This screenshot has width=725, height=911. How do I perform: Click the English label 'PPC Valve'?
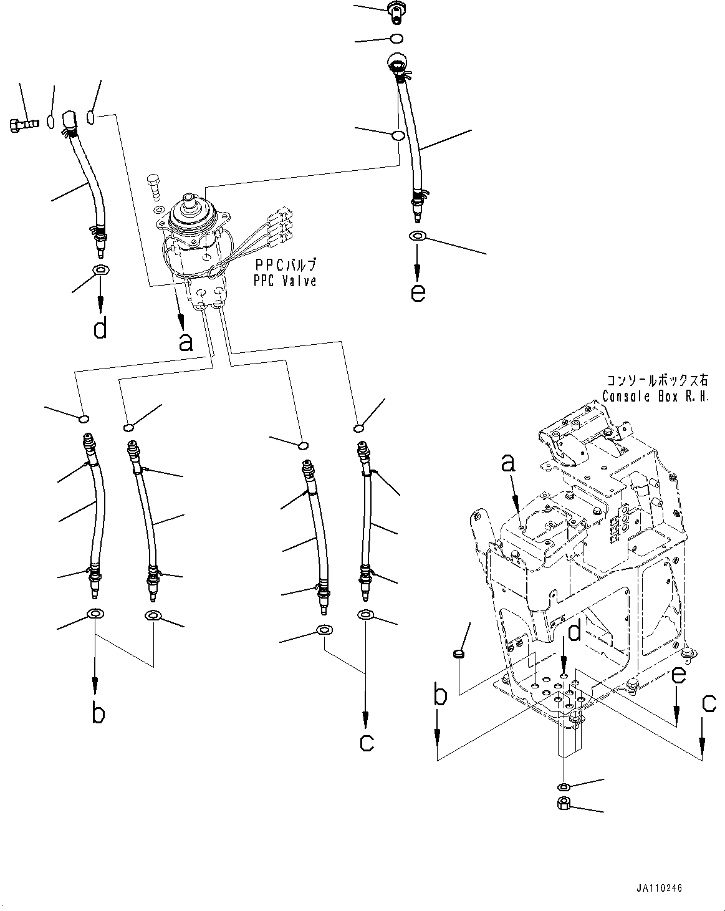coord(284,281)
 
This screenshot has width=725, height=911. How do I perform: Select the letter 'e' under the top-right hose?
coord(418,292)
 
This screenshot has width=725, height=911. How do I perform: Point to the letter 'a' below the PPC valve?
coord(186,341)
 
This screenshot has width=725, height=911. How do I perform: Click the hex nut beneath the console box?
coord(564,803)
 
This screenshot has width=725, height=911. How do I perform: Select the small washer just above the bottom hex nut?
coord(563,786)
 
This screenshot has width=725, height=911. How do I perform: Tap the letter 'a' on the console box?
coord(509,463)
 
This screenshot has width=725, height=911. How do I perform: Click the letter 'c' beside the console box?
coord(708,703)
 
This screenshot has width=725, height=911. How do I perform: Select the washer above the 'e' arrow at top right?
coord(417,236)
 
